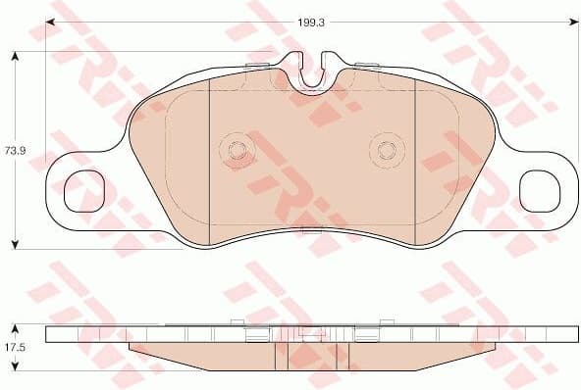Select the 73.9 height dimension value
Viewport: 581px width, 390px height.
point(14,150)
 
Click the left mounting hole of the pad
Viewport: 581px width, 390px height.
point(83,192)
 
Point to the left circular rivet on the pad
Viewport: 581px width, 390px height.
point(237,150)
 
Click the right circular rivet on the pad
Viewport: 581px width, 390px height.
point(385,150)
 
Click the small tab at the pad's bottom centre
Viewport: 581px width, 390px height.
point(311,232)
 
